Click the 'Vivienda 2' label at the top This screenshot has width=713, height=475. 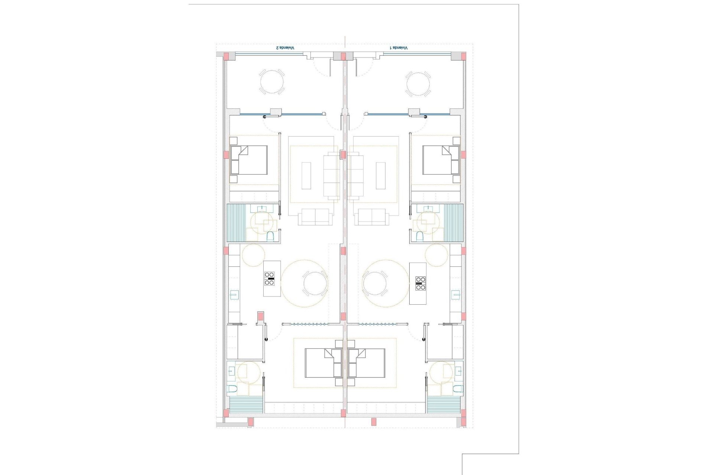(x=285, y=48)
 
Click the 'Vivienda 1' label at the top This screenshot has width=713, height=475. (x=399, y=48)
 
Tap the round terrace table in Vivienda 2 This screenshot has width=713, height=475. (x=271, y=82)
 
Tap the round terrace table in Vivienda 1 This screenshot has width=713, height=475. (x=418, y=84)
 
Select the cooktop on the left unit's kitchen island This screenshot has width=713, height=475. (x=270, y=279)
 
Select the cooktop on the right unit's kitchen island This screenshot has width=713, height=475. (x=420, y=284)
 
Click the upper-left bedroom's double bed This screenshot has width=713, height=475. (x=249, y=160)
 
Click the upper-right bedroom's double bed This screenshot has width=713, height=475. (x=441, y=160)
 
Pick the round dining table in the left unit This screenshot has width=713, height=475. (x=315, y=284)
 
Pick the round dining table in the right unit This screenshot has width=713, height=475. (x=375, y=284)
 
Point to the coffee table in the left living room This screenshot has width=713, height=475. (x=306, y=176)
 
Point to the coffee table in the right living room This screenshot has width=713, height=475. (x=381, y=176)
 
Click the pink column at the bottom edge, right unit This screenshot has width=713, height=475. (x=374, y=422)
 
